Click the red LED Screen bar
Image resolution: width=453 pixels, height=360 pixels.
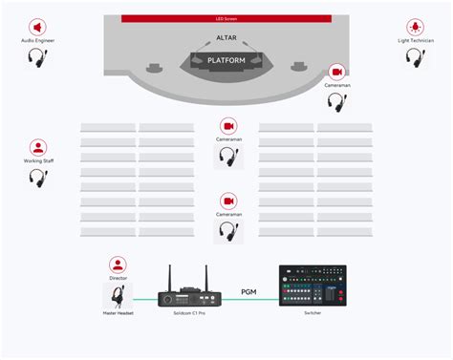(x=226, y=18)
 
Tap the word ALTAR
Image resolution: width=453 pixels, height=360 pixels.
(x=226, y=38)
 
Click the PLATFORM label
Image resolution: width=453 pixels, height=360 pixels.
(x=226, y=60)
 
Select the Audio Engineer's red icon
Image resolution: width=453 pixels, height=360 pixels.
(x=37, y=28)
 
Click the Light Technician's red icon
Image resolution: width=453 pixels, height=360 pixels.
(x=416, y=28)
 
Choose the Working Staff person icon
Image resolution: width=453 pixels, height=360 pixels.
(x=38, y=147)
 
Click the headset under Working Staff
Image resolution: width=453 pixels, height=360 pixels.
(x=38, y=177)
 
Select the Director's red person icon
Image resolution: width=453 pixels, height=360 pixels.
(x=118, y=265)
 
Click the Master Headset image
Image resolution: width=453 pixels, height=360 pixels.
(x=118, y=293)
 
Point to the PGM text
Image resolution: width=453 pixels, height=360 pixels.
(x=248, y=290)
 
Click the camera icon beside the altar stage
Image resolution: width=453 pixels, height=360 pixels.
(x=335, y=72)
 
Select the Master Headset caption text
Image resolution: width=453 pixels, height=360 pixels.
(x=118, y=313)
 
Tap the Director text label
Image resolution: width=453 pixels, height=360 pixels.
(x=118, y=278)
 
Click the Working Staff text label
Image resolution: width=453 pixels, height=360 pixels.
(x=38, y=160)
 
